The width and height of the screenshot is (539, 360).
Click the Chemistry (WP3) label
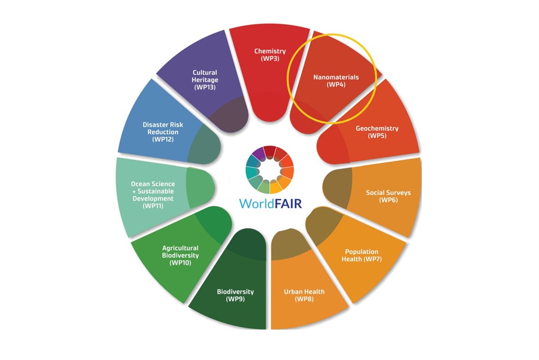(x=270, y=55)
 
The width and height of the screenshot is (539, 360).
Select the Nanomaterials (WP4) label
(x=336, y=81)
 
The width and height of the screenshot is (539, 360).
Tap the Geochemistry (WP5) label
(x=377, y=132)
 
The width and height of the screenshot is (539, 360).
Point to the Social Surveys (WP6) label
(x=388, y=196)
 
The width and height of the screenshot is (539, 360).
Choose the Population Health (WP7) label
(x=361, y=255)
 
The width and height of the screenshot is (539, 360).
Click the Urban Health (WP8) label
(x=304, y=295)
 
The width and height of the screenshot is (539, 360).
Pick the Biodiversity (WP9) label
(x=235, y=295)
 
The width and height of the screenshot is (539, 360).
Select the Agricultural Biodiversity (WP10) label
(x=180, y=255)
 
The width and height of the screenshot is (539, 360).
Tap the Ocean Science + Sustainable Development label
(x=153, y=195)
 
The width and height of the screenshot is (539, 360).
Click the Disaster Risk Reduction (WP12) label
(x=163, y=132)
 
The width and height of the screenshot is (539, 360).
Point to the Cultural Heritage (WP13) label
(x=205, y=80)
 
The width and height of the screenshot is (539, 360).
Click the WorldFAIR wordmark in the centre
(x=270, y=203)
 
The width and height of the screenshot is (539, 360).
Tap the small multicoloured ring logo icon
(x=270, y=169)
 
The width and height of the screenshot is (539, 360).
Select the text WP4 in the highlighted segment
(x=336, y=85)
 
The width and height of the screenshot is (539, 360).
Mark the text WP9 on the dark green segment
(x=235, y=299)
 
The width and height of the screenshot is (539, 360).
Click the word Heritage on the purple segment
(x=205, y=80)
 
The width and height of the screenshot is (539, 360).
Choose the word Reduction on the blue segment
(x=163, y=132)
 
